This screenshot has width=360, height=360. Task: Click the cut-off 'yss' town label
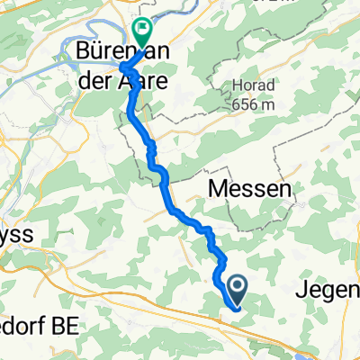[x=17, y=235]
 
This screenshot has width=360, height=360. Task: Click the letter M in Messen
[x=218, y=189]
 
